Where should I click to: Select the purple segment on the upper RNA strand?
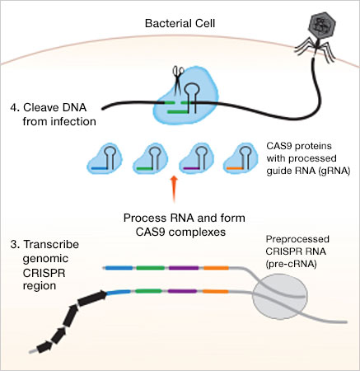point(184,268)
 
